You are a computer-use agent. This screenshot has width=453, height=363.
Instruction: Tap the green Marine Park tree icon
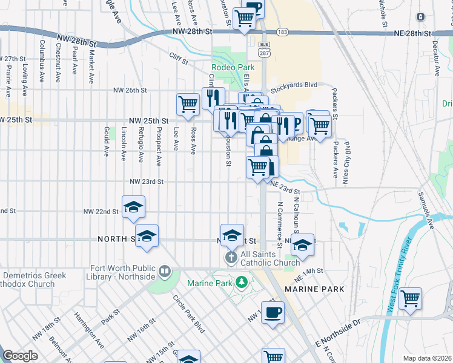(x=242, y=282)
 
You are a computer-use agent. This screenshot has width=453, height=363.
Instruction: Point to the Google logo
(x=20, y=356)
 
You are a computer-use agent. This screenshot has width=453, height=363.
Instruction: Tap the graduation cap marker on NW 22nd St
(x=133, y=206)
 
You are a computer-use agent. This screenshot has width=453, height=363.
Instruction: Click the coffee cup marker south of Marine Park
(x=273, y=312)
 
